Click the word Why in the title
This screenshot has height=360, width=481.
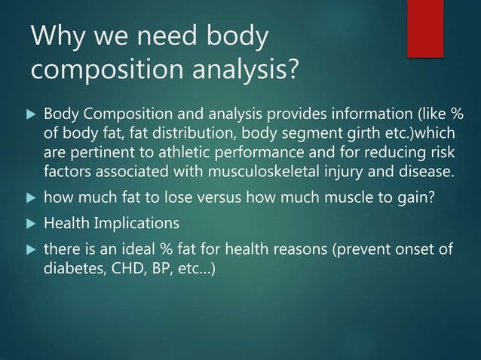(57, 36)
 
